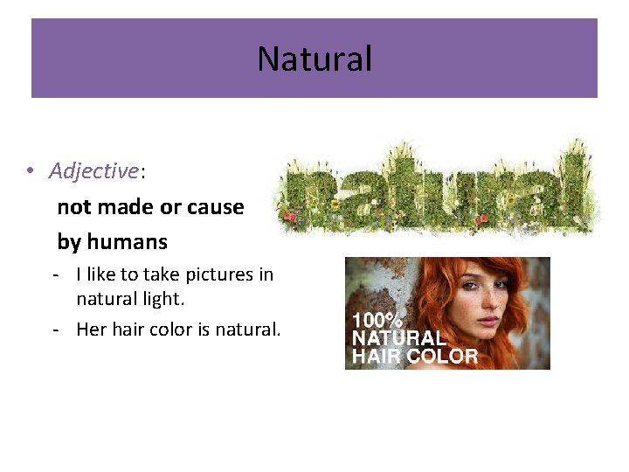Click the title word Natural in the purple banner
[314, 59]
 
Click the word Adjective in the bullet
[93, 170]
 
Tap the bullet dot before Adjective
[30, 170]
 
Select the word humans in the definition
[127, 241]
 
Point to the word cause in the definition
[218, 207]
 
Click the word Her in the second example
[92, 330]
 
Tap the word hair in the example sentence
[128, 330]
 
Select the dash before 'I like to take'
[56, 274]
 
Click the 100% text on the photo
[377, 319]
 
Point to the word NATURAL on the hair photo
[398, 337]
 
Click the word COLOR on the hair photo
[444, 356]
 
